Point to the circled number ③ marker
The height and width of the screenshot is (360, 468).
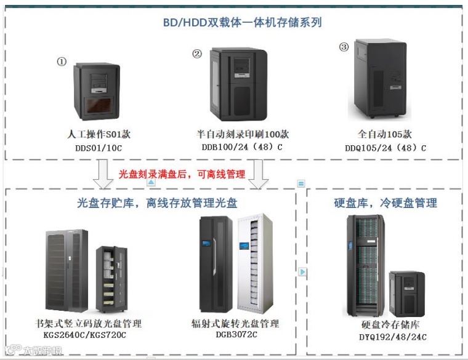[x=344, y=47]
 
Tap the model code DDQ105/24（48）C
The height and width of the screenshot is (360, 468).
[x=385, y=148]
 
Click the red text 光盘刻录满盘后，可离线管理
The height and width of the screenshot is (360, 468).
[x=182, y=175]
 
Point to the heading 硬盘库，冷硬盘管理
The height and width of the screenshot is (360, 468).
[x=385, y=202]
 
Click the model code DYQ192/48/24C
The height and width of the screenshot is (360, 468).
[x=393, y=337]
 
